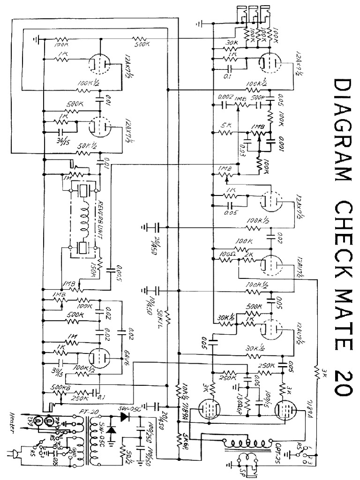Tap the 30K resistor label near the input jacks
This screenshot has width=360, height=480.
coord(230,43)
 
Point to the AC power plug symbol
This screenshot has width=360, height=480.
coord(13,454)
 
